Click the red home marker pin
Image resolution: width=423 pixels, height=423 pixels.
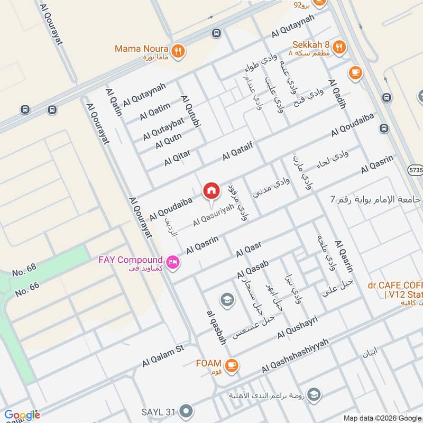tap(211, 191)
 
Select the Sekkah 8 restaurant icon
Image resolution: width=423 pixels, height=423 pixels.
tap(339, 46)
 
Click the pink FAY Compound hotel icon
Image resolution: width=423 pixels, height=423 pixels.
tap(172, 261)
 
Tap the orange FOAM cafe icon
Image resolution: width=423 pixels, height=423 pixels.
tap(231, 364)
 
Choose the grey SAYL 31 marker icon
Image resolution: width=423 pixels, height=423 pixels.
tap(186, 411)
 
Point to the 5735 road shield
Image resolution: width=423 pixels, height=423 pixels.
tap(415, 170)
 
